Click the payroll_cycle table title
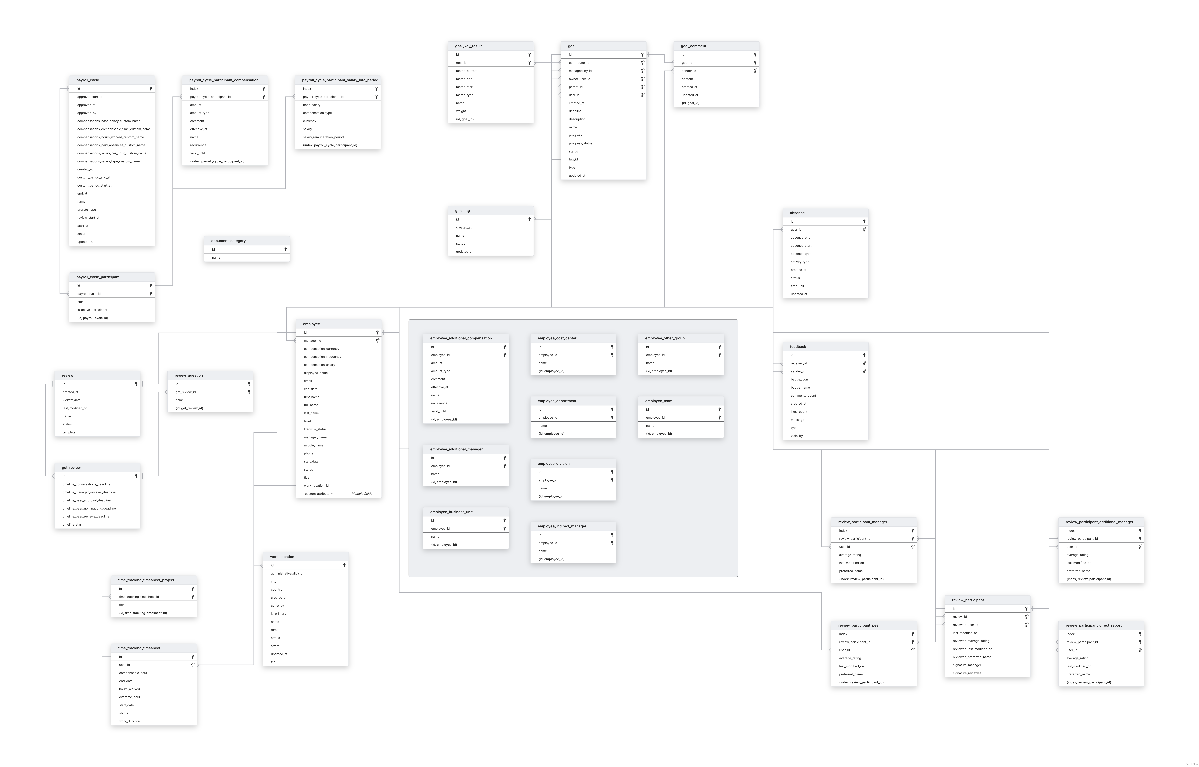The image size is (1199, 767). tap(88, 80)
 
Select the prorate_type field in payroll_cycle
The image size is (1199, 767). tap(87, 210)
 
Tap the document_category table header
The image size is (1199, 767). tap(228, 241)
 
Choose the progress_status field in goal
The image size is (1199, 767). tap(581, 143)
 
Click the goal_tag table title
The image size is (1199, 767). tap(462, 211)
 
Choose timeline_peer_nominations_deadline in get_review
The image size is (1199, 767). tap(89, 509)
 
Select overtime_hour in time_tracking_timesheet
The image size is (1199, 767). tap(130, 697)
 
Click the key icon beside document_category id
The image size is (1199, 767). tap(286, 250)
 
